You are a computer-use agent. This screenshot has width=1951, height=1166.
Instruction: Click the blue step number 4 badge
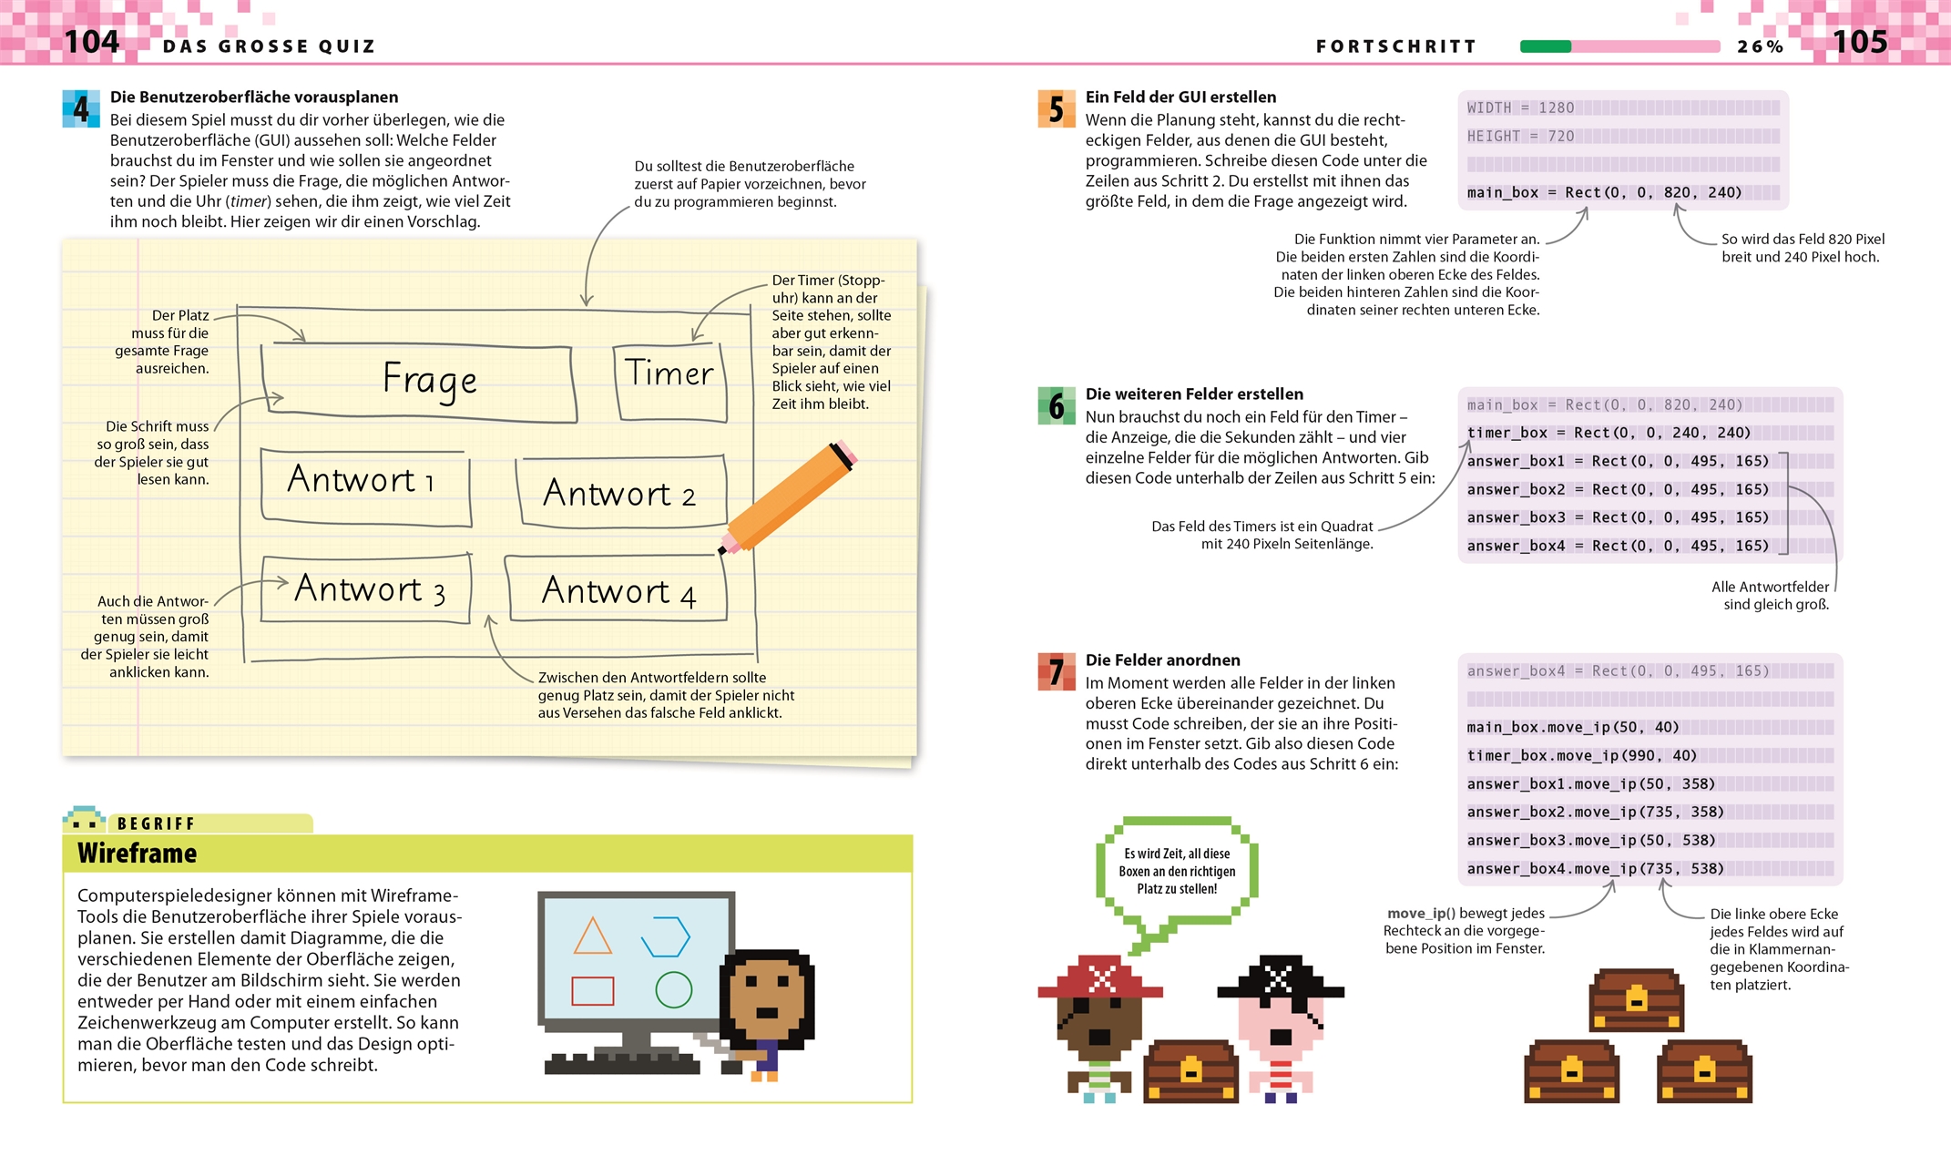tap(81, 109)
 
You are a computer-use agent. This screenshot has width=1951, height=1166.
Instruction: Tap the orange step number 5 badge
tap(1056, 109)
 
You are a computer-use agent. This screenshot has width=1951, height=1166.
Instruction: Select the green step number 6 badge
tap(1056, 406)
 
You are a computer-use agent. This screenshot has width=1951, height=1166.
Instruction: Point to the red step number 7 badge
tap(1056, 672)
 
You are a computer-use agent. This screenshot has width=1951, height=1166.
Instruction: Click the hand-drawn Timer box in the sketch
tap(670, 381)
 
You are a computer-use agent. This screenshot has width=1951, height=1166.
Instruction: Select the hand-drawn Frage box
tap(419, 383)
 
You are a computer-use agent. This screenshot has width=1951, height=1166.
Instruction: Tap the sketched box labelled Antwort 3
tap(366, 589)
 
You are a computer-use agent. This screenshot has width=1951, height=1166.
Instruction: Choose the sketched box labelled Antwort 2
tap(622, 493)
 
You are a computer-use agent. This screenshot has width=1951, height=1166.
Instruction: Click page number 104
tap(91, 42)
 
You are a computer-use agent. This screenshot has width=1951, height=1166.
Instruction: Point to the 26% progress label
tap(1759, 46)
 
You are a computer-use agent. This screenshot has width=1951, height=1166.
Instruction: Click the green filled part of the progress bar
tap(1545, 46)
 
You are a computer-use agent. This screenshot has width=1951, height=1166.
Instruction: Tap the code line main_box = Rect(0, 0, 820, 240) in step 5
tap(1604, 193)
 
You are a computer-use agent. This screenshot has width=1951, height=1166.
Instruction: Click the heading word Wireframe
tap(138, 854)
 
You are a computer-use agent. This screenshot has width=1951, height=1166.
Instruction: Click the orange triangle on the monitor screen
tap(592, 937)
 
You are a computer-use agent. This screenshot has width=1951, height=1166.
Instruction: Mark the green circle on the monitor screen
tap(674, 990)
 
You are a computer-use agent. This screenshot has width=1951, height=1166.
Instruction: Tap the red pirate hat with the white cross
tap(1100, 978)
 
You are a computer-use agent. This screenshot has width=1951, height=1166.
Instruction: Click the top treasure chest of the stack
tap(1636, 1000)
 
